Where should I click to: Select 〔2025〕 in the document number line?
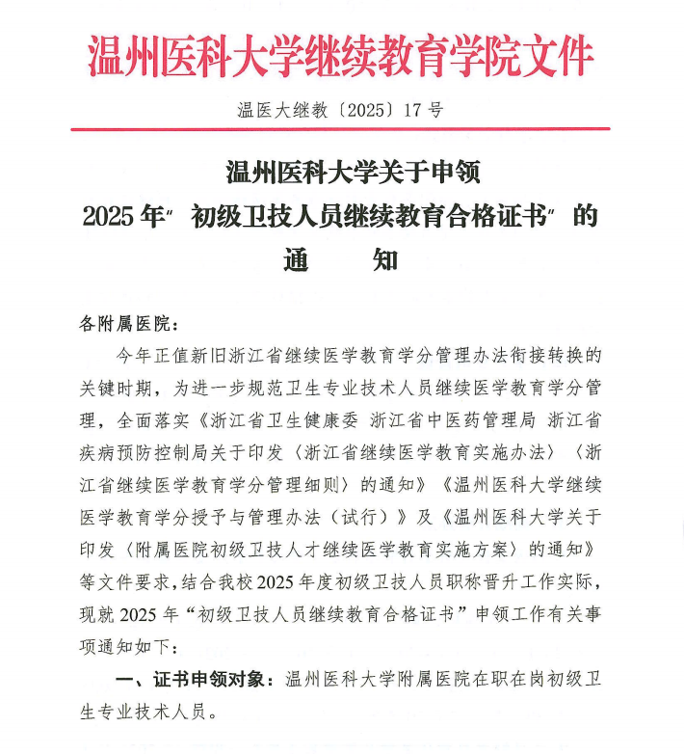click(x=359, y=110)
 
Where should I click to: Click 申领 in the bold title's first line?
click(x=448, y=174)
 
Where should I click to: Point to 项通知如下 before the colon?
click(x=125, y=645)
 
